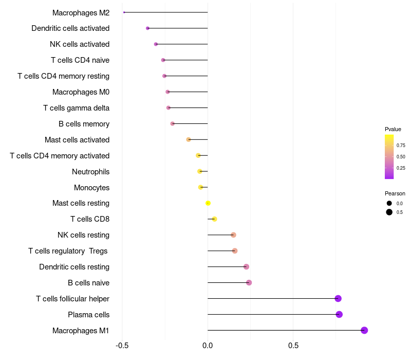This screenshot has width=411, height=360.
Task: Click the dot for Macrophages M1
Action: click(364, 330)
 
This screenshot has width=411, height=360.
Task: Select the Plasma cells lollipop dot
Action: click(339, 314)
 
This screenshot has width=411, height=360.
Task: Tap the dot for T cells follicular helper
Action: click(338, 298)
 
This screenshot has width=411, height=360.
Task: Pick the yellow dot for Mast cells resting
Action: click(208, 203)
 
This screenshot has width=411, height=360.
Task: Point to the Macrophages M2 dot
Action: click(124, 12)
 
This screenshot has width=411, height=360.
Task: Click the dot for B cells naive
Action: click(249, 282)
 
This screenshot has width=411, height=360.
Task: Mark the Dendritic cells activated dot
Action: click(147, 28)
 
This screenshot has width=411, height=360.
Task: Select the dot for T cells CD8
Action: click(214, 219)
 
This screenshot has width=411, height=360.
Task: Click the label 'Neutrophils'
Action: click(90, 171)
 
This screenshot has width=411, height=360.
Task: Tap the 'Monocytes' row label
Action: click(91, 187)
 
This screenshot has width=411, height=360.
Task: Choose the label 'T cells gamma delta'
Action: click(76, 107)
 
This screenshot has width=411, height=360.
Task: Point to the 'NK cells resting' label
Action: click(83, 235)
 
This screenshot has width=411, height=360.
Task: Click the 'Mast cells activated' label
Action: click(77, 139)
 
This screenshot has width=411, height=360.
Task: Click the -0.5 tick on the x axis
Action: click(122, 345)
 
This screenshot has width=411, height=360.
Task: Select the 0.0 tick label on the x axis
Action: click(208, 345)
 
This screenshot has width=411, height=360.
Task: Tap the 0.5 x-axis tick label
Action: click(293, 345)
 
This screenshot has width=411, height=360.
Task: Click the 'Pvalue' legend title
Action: click(393, 129)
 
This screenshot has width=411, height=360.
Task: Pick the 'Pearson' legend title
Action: click(395, 193)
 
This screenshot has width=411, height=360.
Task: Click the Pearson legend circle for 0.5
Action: click(389, 212)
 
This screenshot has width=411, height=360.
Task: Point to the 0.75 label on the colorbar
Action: click(401, 146)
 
